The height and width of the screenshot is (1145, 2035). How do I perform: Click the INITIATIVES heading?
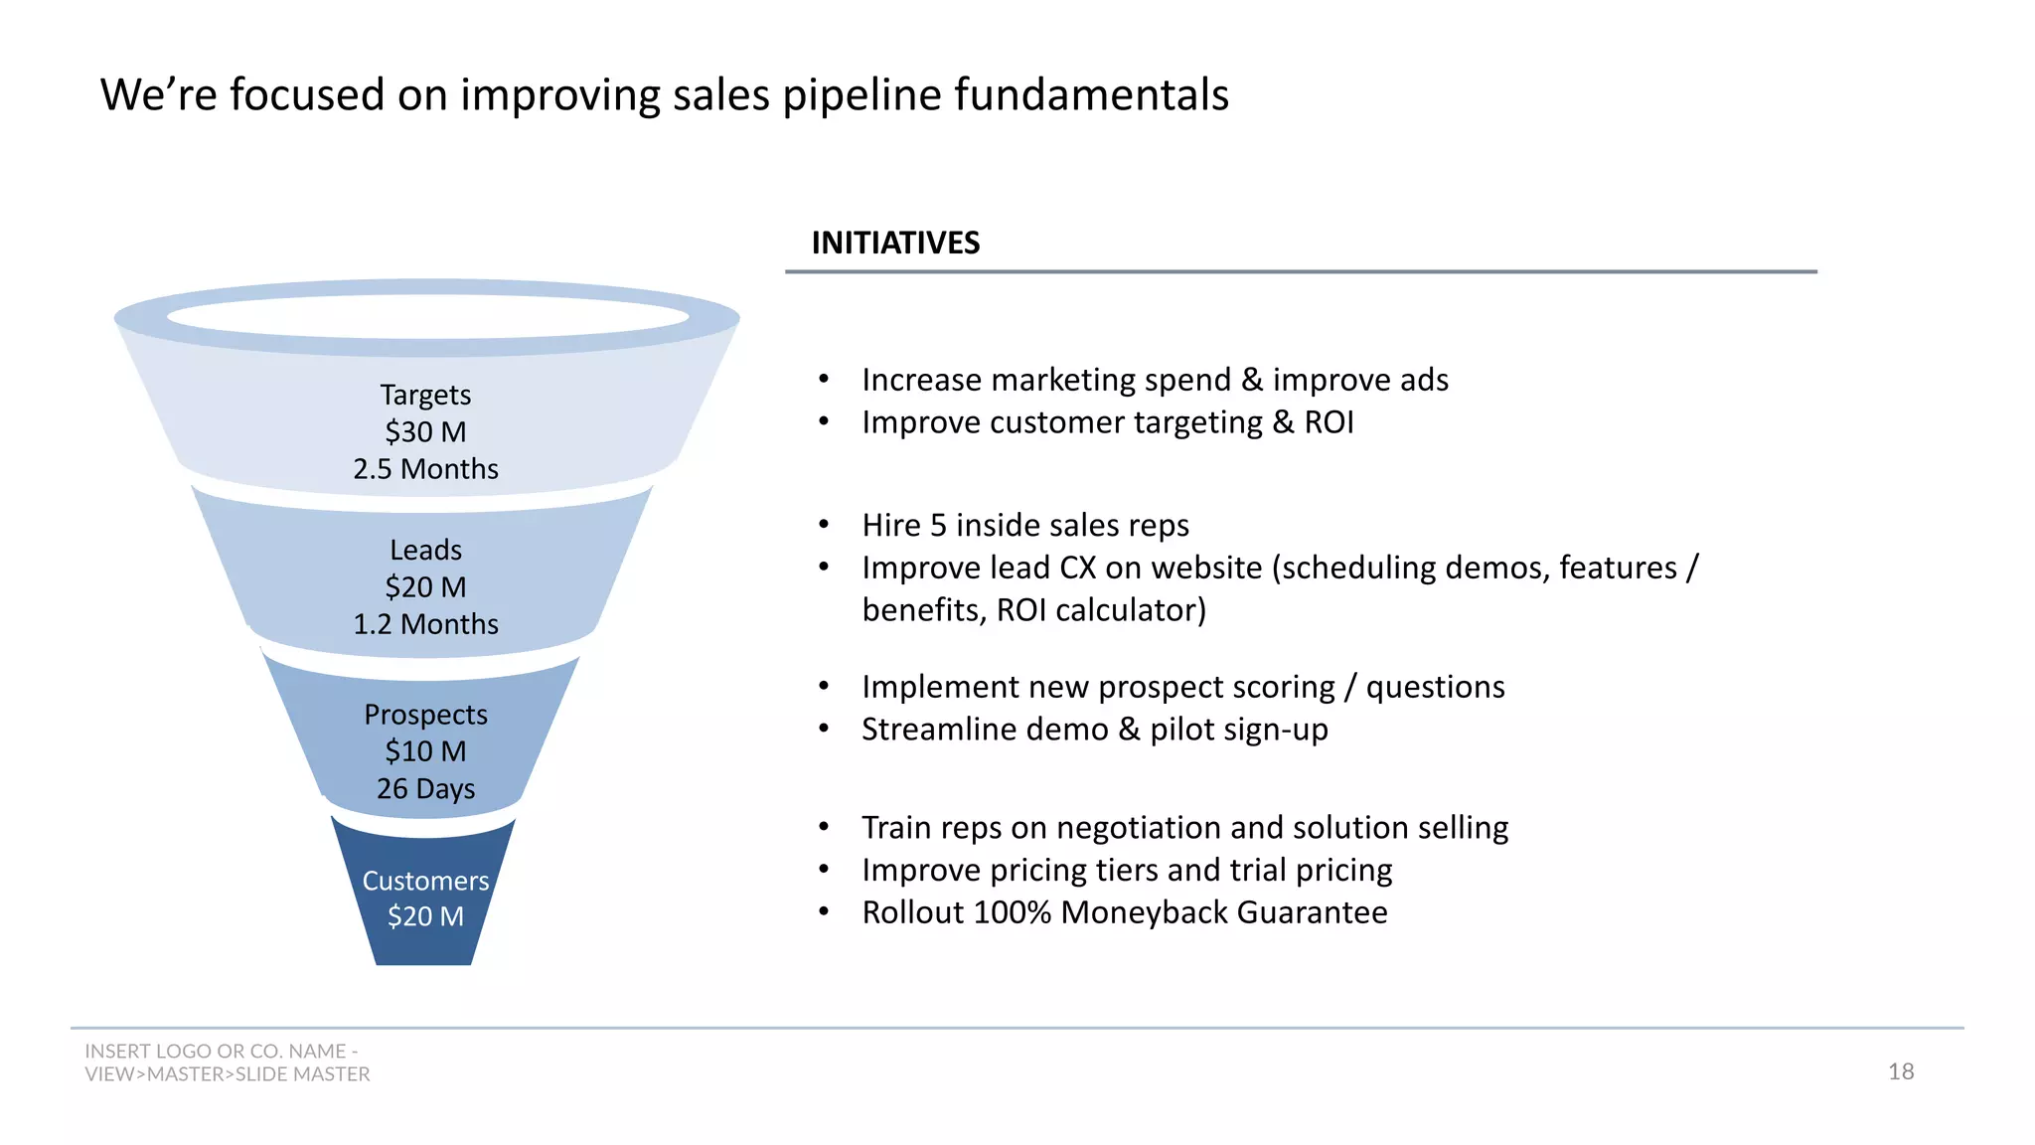[895, 243]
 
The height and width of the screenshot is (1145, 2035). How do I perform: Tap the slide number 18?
[1901, 1071]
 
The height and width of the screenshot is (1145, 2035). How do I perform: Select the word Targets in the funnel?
[425, 395]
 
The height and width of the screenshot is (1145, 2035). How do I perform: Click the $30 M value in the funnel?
[425, 432]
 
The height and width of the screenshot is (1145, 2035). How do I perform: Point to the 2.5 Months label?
[425, 469]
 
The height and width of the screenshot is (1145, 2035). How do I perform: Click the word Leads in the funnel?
[425, 550]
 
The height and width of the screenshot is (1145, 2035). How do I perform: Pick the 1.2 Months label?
[425, 624]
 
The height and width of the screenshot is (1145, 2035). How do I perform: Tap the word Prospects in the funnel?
[425, 715]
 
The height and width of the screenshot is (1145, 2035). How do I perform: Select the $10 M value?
[425, 751]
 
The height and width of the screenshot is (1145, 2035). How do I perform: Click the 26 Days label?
[425, 789]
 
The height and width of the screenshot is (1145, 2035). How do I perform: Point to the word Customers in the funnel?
[425, 881]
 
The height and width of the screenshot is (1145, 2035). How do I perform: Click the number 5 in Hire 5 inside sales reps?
[938, 525]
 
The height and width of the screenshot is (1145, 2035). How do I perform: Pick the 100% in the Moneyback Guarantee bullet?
[1012, 912]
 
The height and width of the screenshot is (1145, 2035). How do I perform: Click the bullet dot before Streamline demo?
[824, 730]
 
